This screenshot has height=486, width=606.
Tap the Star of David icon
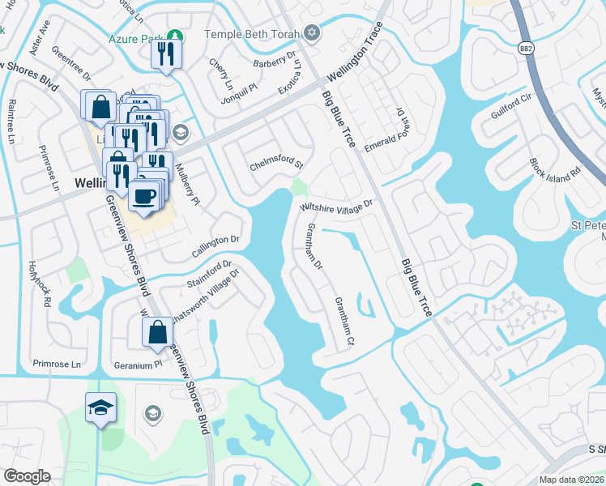coord(313,33)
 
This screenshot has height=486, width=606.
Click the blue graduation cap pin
coord(101,407)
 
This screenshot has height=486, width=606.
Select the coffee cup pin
coord(145,196)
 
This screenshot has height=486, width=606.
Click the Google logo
coord(27,476)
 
